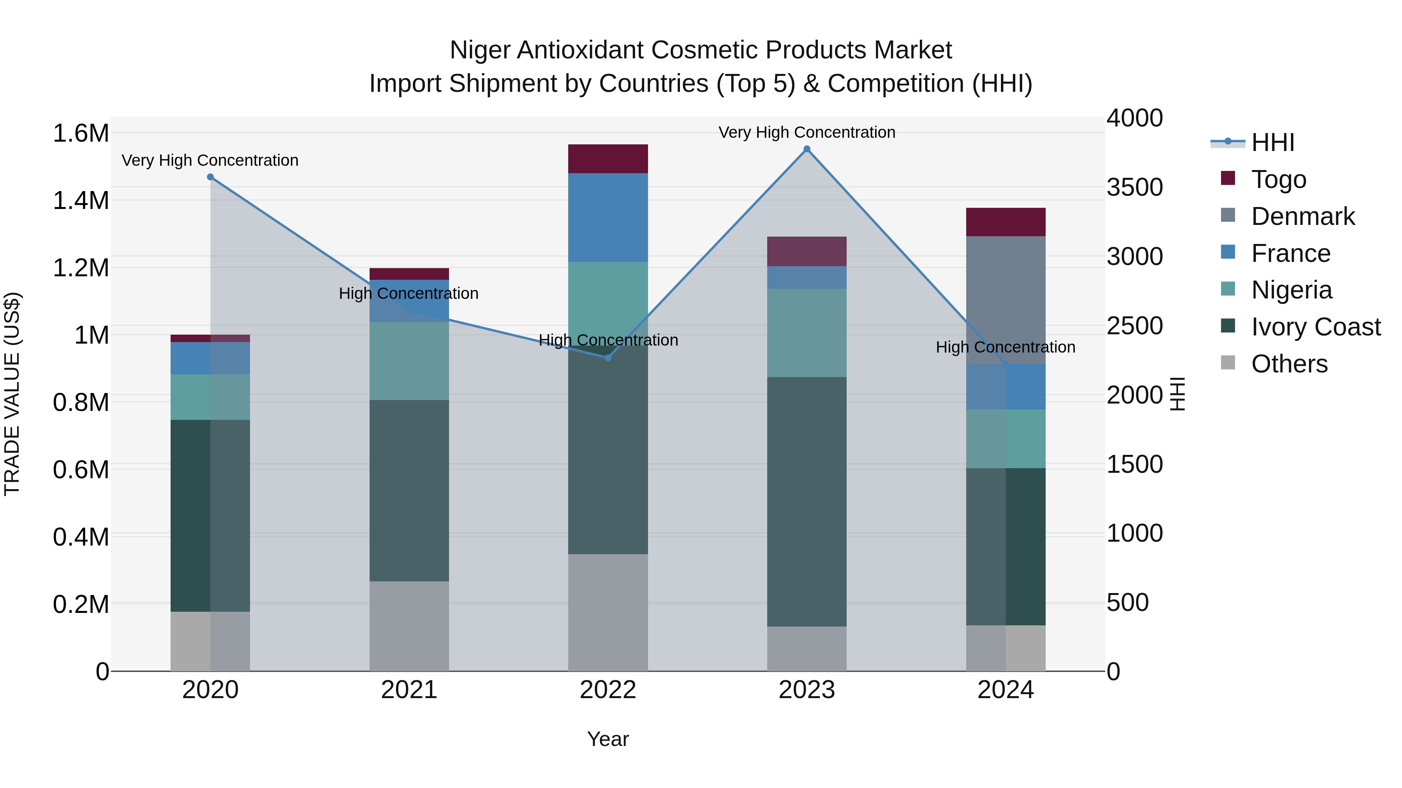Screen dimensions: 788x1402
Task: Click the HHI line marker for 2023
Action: tap(807, 149)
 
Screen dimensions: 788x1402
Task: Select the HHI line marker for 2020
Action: tap(211, 177)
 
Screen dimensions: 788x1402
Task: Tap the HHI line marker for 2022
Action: tap(608, 358)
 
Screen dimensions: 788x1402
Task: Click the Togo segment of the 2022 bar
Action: tap(608, 159)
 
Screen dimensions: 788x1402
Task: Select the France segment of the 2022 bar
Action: tap(608, 218)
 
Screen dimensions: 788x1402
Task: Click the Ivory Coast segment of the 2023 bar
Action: tap(807, 502)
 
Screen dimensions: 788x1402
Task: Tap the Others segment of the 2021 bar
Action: tap(409, 625)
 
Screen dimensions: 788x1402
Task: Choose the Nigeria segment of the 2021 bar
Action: tap(409, 361)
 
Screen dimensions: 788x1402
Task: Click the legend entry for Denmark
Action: tap(1302, 216)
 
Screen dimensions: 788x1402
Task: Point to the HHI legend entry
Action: tap(1272, 142)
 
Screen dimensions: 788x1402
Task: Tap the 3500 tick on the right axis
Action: tap(1134, 187)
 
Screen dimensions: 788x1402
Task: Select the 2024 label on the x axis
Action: tap(1005, 690)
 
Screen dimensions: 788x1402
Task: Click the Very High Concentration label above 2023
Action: tap(807, 132)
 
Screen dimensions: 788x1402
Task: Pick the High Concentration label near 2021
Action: tap(408, 294)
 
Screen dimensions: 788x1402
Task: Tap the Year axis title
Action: tap(608, 739)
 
